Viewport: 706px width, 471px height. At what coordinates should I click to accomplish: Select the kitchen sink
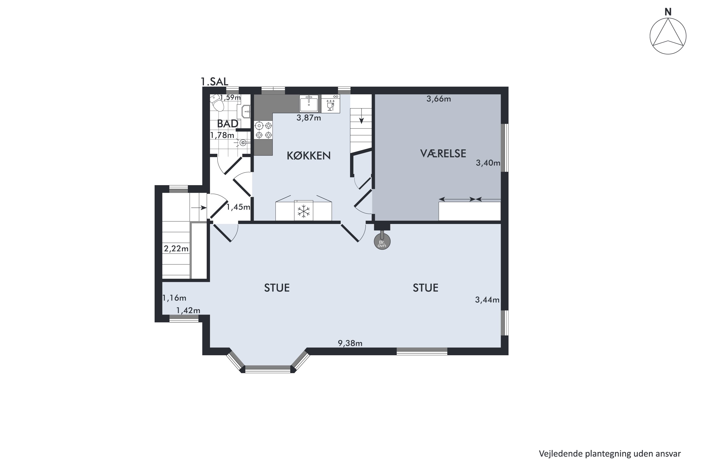(309, 103)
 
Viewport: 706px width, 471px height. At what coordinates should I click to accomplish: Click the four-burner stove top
(263, 130)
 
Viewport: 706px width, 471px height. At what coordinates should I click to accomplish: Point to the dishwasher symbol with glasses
(330, 104)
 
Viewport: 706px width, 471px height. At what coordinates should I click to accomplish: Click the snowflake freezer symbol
(303, 211)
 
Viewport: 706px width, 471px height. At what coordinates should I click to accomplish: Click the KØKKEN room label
(309, 156)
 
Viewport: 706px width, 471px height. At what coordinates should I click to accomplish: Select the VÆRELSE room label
(443, 153)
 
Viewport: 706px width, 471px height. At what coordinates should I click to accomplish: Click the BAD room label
(227, 124)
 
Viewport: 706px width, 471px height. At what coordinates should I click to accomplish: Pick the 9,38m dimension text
(350, 343)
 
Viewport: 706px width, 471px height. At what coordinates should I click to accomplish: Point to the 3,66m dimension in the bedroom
(439, 99)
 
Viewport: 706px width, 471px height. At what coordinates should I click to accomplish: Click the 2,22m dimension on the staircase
(176, 249)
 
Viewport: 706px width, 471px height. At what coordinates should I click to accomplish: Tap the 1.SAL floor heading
(214, 81)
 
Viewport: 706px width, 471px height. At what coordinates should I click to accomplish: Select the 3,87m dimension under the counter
(309, 118)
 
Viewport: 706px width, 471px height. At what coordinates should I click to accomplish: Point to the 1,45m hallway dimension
(238, 207)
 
